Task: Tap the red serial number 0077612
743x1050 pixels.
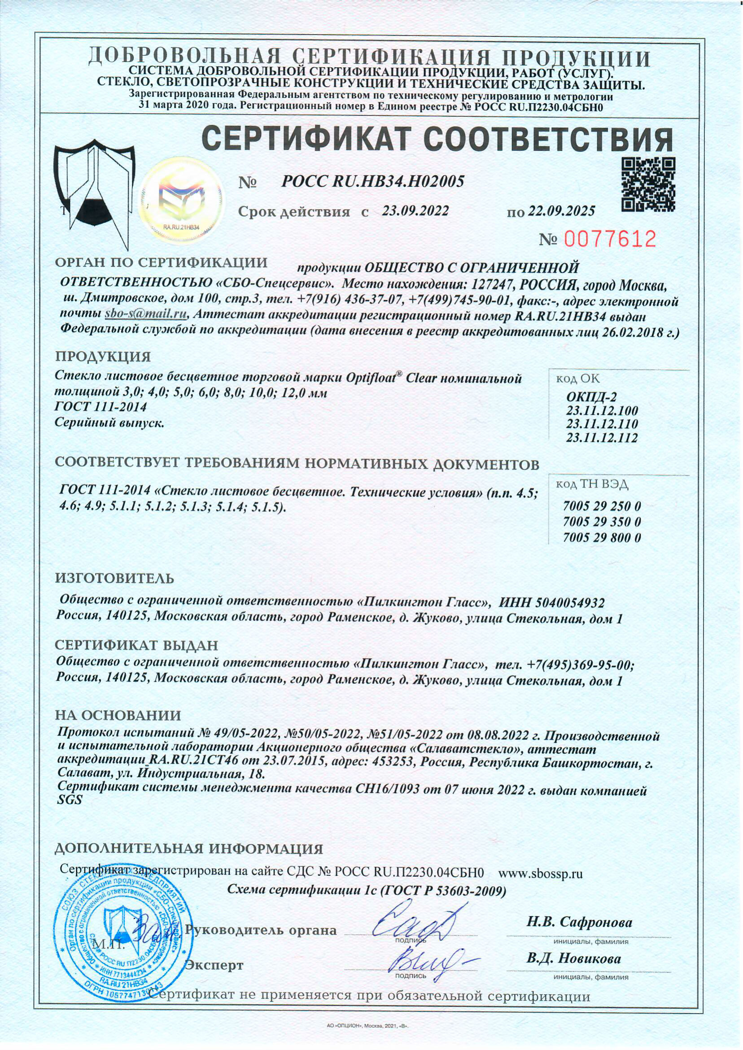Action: pos(611,239)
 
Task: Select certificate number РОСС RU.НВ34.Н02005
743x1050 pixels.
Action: pos(372,182)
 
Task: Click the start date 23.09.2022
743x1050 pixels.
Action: pos(415,211)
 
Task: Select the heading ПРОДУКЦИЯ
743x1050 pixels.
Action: pos(102,356)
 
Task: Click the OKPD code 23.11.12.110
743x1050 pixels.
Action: pos(602,423)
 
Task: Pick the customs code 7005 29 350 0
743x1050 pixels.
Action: pos(602,522)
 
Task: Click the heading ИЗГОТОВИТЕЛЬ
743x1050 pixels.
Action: pos(114,579)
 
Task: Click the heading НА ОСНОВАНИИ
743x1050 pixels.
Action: pos(118,716)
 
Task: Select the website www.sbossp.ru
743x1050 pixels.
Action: pos(540,873)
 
